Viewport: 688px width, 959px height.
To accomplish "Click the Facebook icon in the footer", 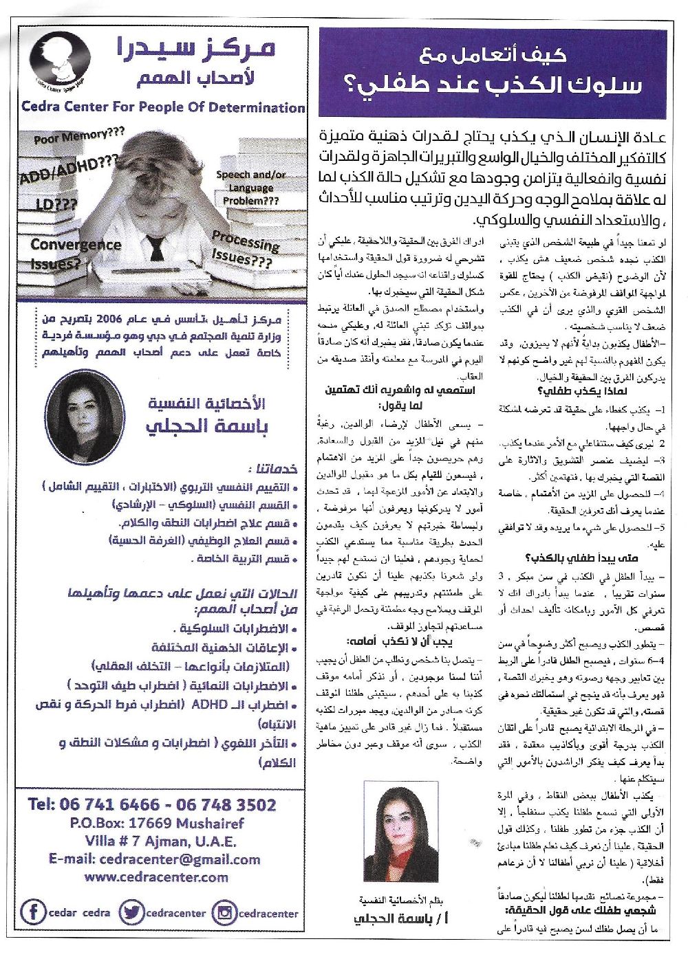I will (x=32, y=912).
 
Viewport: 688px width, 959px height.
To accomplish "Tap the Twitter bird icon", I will (x=130, y=912).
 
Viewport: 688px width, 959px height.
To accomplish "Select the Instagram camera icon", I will (x=224, y=912).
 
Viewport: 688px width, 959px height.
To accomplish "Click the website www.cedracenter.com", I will (x=156, y=877).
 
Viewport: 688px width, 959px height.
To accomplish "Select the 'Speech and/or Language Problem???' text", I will (x=251, y=188).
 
